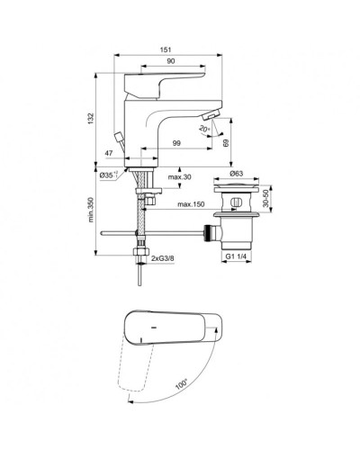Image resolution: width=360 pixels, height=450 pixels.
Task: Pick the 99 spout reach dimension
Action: (177, 145)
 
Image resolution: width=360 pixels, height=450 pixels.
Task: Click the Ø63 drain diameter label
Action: (238, 172)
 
